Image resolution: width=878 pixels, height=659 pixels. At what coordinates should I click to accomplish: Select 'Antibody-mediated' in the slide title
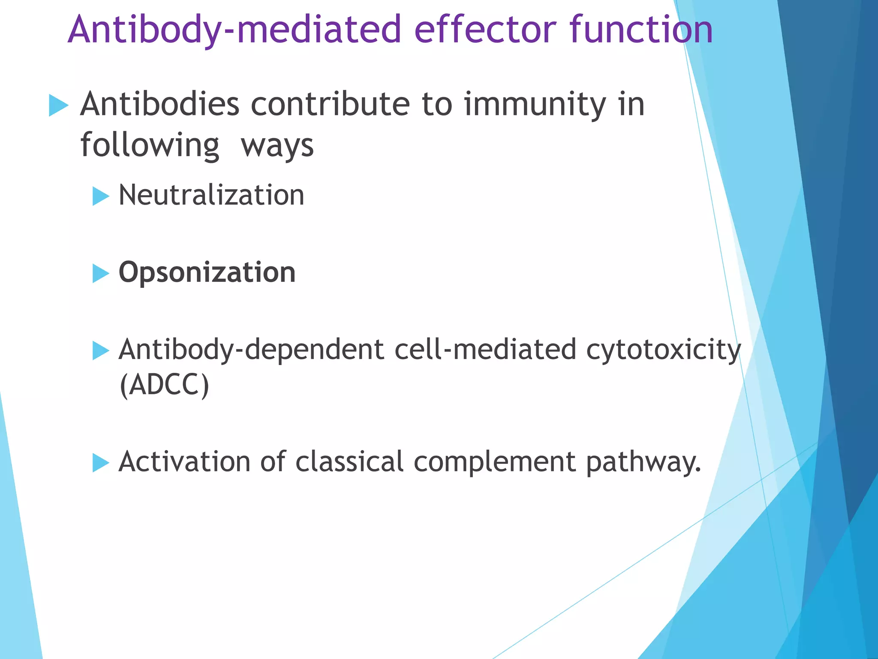(234, 30)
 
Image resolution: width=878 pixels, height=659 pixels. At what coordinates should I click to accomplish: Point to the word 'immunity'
(535, 106)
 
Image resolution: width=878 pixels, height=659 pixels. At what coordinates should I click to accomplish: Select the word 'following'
(150, 146)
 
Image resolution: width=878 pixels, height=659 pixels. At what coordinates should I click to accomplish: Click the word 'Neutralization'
(211, 195)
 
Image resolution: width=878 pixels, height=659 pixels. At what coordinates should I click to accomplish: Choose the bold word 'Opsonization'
(207, 273)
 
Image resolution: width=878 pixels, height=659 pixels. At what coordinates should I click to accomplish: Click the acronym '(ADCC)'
(165, 385)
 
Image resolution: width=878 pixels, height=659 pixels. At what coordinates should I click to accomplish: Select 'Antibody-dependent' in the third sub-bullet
(251, 350)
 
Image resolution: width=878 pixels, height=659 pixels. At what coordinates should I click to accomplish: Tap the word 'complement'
(494, 462)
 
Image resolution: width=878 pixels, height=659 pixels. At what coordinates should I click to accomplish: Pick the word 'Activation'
(184, 462)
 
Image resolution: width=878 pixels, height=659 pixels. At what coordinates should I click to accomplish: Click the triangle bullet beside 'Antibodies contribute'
(58, 105)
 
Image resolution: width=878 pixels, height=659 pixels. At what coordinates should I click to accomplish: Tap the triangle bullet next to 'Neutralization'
(100, 196)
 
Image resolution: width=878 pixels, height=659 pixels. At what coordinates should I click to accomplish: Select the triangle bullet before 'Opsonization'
(100, 273)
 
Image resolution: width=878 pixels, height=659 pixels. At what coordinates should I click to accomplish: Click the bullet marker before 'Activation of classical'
(100, 463)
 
